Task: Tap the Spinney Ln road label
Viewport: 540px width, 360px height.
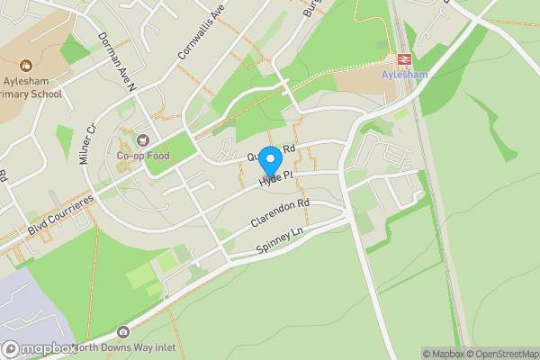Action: pyautogui.click(x=280, y=239)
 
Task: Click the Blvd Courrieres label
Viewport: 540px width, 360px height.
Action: pyautogui.click(x=60, y=217)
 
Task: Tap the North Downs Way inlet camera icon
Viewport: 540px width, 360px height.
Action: pyautogui.click(x=123, y=334)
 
